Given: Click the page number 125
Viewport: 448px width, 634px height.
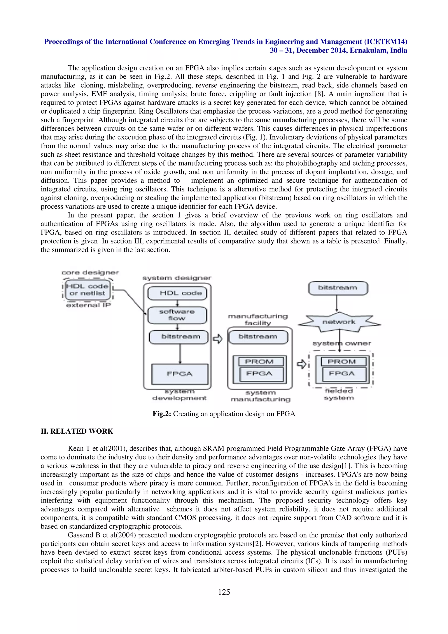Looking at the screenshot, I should tap(224, 592).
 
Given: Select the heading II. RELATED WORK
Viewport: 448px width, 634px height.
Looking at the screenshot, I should tap(77, 431).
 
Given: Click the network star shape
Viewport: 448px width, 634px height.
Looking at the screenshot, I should tap(339, 322).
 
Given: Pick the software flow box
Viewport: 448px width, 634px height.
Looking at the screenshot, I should tap(177, 315).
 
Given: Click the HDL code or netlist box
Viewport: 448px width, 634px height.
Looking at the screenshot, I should tap(87, 290).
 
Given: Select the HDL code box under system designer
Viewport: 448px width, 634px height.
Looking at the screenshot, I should tap(177, 293).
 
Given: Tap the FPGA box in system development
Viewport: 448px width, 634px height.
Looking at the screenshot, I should tap(180, 374).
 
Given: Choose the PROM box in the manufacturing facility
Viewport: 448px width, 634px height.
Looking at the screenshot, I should tap(259, 361).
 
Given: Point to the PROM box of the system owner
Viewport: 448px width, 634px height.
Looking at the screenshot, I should tap(341, 361).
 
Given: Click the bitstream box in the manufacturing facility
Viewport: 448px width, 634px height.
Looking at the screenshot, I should tap(258, 337).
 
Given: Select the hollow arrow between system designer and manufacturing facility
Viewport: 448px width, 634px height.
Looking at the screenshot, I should tap(218, 338).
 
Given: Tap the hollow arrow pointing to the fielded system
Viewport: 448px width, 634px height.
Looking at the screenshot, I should tap(301, 364).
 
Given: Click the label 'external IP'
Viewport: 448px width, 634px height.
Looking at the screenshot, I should tap(88, 305).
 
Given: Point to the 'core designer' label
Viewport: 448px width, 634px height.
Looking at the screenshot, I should tap(90, 273).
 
